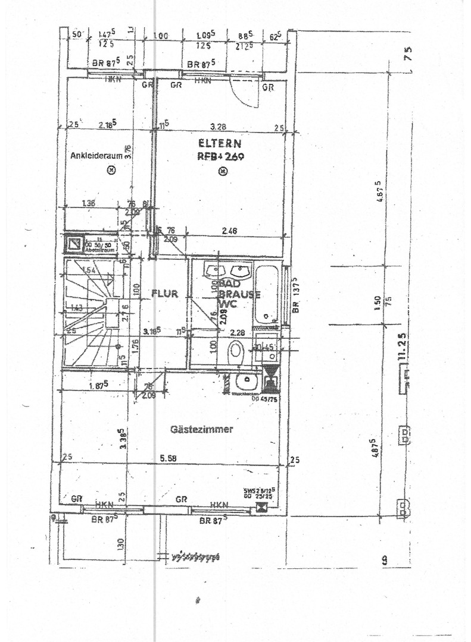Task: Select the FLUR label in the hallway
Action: [x=165, y=292]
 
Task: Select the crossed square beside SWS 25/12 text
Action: [x=260, y=507]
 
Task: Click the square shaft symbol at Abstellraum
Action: [x=74, y=244]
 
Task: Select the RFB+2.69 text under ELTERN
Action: [x=219, y=156]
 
